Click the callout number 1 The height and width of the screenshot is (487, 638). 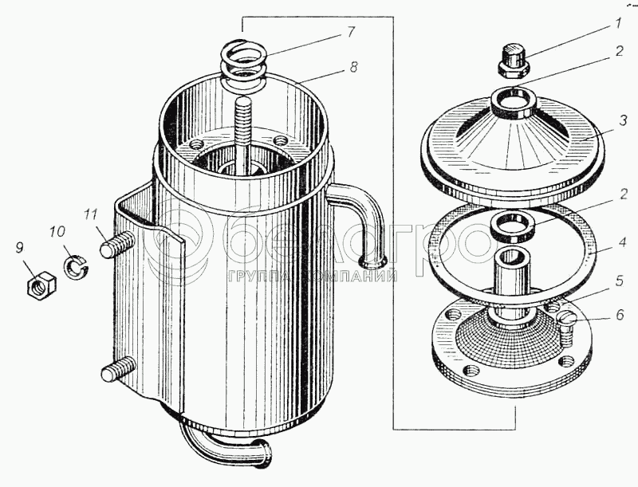pyautogui.click(x=618, y=23)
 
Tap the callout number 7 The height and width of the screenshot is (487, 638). pyautogui.click(x=351, y=31)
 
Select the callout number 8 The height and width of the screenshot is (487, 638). pyautogui.click(x=353, y=67)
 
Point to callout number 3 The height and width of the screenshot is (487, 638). pyautogui.click(x=623, y=121)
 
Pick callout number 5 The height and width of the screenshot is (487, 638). pyautogui.click(x=620, y=281)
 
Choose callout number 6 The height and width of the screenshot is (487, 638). pyautogui.click(x=620, y=314)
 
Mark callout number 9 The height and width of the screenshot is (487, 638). pyautogui.click(x=19, y=248)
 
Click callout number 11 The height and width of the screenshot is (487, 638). pyautogui.click(x=91, y=214)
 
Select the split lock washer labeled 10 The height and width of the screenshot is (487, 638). pyautogui.click(x=76, y=266)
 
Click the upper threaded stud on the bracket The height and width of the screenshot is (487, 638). pyautogui.click(x=117, y=245)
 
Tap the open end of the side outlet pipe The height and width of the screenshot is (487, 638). pyautogui.click(x=372, y=261)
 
